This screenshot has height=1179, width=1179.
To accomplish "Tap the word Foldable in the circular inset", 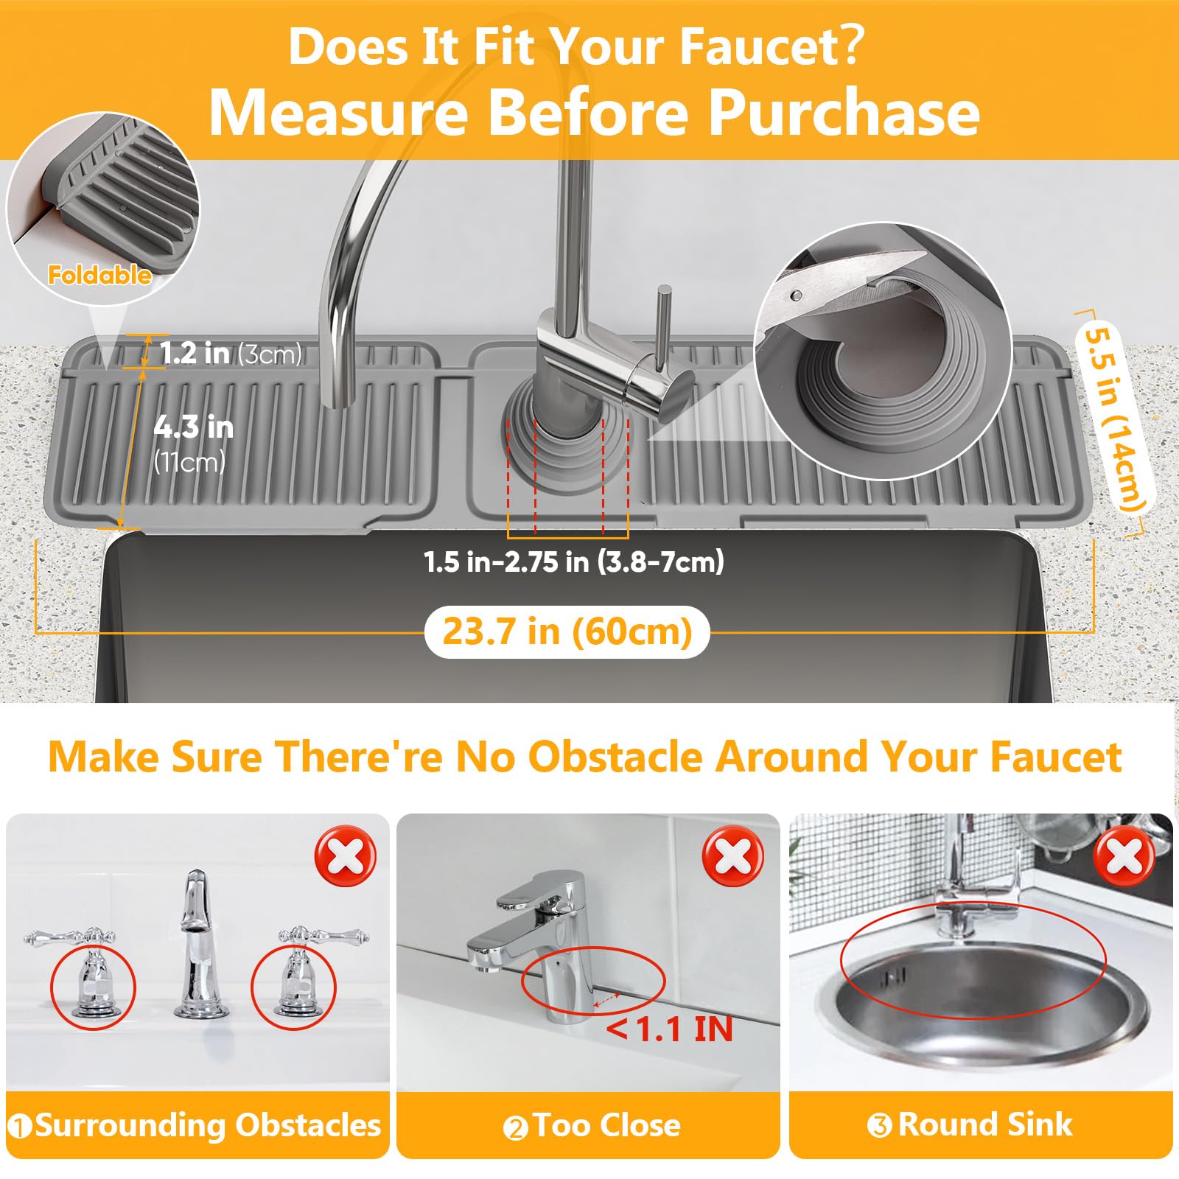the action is click(x=99, y=276).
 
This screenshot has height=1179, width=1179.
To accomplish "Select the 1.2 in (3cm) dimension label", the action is click(x=231, y=354).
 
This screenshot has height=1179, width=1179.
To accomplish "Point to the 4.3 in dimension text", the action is click(x=194, y=427).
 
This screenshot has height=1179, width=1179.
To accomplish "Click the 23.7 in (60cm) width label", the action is click(x=567, y=632).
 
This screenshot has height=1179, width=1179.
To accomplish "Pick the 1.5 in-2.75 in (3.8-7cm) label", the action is click(x=574, y=561).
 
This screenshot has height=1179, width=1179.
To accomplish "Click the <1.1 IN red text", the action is click(x=670, y=1029).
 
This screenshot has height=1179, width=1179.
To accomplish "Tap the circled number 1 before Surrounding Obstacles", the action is click(x=20, y=1127).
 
